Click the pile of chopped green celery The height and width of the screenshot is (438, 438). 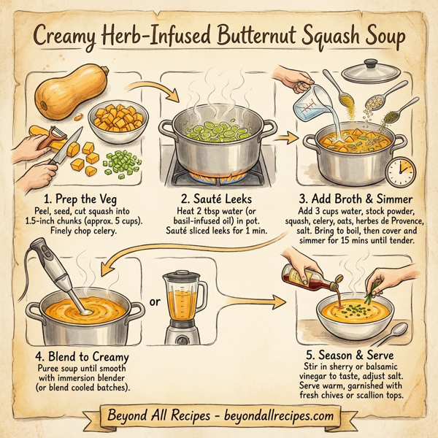tap(119, 160)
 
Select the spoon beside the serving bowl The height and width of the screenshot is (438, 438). tap(398, 335)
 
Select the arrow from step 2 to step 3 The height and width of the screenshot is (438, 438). tap(290, 137)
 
